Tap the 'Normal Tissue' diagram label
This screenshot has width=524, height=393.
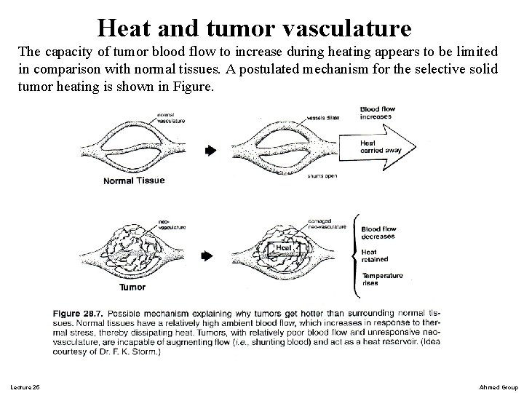coord(134,180)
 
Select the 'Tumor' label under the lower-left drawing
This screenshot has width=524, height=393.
coord(132,287)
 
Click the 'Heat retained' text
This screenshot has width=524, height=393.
coord(376,255)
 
